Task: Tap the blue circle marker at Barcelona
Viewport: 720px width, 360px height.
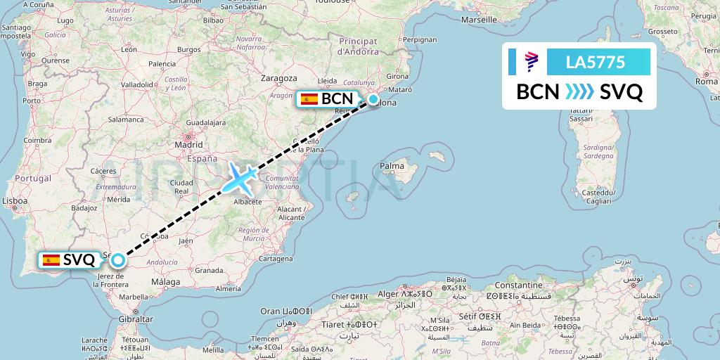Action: click(x=373, y=99)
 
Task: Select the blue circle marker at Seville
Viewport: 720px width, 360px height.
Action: click(x=117, y=260)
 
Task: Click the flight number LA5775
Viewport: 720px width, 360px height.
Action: click(x=595, y=63)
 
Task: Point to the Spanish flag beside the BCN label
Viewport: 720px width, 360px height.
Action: click(x=309, y=99)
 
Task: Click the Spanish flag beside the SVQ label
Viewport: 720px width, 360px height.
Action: click(x=51, y=260)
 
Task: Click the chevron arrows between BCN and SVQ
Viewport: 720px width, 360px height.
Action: click(x=579, y=92)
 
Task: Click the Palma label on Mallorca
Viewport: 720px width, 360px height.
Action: click(x=392, y=167)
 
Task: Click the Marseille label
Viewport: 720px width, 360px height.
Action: click(x=480, y=20)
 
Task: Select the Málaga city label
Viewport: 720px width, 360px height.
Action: click(x=166, y=281)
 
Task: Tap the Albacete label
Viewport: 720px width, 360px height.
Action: click(x=247, y=202)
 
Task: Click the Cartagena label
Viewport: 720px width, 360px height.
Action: click(x=275, y=258)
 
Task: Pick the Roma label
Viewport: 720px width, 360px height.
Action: click(x=706, y=82)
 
